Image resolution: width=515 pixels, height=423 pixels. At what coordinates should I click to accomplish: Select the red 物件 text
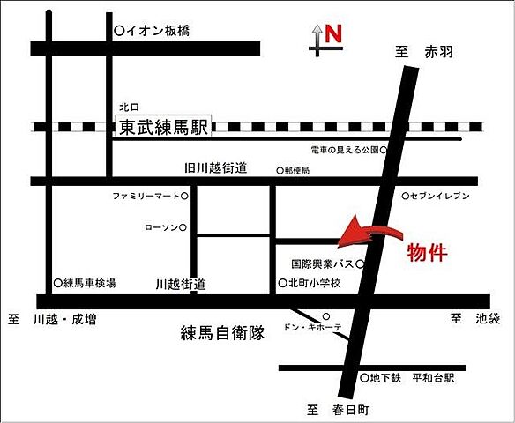tap(427, 254)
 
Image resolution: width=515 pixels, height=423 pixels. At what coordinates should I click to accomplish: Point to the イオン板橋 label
tap(160, 31)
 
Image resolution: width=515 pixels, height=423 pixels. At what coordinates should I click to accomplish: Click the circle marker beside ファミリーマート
tap(185, 195)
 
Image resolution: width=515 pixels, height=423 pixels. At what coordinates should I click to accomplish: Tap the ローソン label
tap(160, 227)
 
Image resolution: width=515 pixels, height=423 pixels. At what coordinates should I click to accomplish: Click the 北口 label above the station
tap(129, 105)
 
